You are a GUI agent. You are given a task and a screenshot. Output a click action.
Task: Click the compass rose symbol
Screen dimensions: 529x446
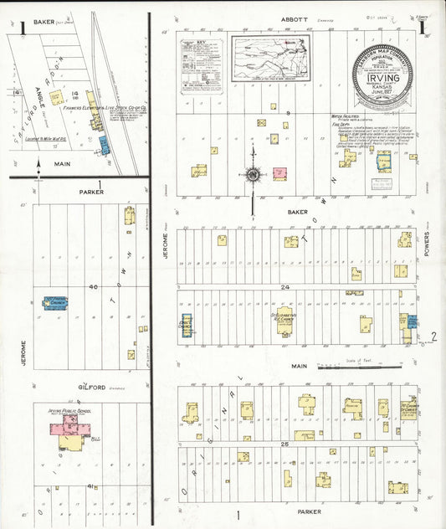[252, 175]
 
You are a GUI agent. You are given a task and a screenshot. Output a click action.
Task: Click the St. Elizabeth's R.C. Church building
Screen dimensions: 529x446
[285, 323]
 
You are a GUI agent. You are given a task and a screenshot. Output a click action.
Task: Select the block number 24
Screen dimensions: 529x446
[285, 287]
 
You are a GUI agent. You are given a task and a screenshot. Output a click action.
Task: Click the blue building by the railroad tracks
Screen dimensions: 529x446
[105, 145]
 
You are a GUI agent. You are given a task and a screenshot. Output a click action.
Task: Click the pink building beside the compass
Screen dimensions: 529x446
[279, 174]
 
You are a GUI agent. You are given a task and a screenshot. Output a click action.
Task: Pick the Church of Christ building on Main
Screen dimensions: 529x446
[409, 408]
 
